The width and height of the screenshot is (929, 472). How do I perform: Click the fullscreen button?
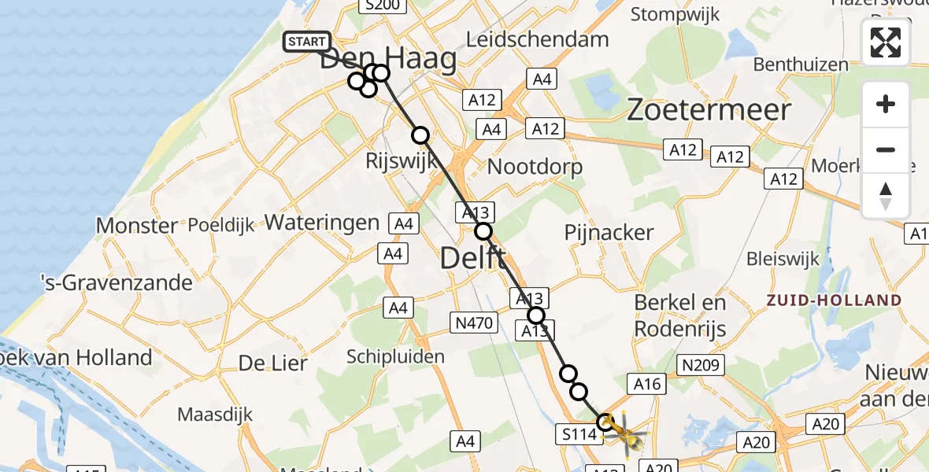(886, 42)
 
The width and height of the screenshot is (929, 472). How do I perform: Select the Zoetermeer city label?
(709, 110)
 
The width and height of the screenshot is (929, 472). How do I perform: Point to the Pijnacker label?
(609, 232)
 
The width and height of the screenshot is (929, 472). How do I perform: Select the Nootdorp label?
(535, 167)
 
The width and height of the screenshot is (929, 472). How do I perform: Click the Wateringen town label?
(322, 223)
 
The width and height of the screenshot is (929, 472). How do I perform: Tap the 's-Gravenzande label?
(117, 282)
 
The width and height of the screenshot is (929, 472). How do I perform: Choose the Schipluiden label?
(395, 356)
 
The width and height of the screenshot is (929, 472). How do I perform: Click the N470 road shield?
(472, 322)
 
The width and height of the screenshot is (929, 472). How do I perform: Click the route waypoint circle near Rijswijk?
(420, 135)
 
